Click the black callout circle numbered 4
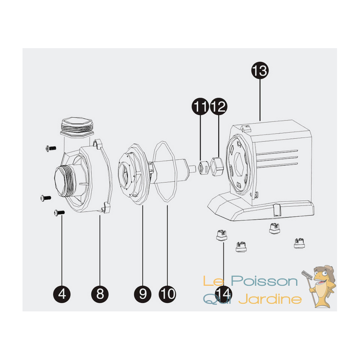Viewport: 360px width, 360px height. [x=62, y=294]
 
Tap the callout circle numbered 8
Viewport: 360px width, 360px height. [x=100, y=294]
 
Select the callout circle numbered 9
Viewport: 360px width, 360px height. [x=143, y=294]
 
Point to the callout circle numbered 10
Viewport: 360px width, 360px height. [x=167, y=294]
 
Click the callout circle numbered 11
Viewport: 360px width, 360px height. [x=200, y=106]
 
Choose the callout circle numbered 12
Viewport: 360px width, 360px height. [x=219, y=106]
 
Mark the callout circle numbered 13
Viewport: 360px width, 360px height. [x=260, y=70]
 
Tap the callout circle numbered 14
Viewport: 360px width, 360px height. [x=224, y=294]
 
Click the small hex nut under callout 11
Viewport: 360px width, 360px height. [x=204, y=167]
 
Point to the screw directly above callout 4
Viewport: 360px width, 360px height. [x=59, y=212]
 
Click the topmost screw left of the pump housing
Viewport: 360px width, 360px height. [x=51, y=148]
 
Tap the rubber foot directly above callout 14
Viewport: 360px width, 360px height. [x=221, y=235]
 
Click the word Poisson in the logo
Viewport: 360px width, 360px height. [x=264, y=281]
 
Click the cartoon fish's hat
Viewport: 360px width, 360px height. [x=324, y=270]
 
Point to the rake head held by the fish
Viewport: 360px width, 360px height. [x=307, y=274]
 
